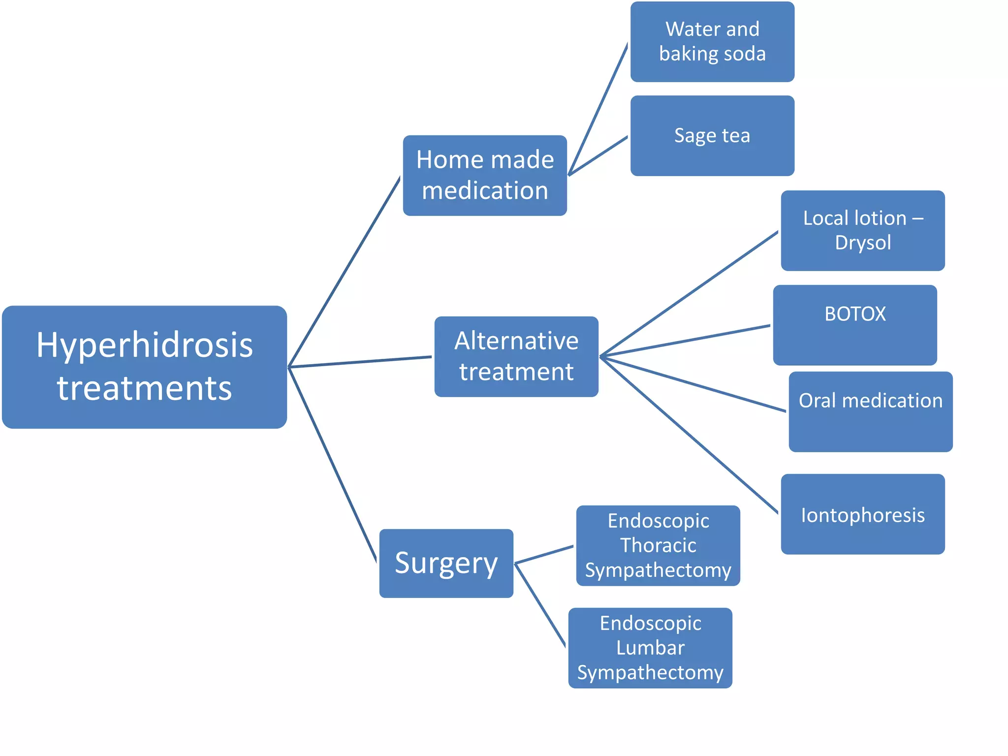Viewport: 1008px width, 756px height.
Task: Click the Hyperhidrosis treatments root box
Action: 144,367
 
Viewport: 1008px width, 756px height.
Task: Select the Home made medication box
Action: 485,175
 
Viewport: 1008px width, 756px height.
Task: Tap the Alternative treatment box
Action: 516,356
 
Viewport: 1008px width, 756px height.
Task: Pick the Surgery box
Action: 446,563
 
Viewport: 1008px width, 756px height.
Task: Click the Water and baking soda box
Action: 712,41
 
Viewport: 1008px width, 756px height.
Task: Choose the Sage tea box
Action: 712,135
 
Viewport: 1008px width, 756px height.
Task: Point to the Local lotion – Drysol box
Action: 862,230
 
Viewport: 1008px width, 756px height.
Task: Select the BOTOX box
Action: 855,325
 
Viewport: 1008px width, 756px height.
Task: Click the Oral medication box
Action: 870,411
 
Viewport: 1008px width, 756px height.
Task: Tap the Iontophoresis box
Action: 862,514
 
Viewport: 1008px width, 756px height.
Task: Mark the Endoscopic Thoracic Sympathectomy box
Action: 658,545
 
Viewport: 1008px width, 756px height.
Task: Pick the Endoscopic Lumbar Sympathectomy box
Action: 650,648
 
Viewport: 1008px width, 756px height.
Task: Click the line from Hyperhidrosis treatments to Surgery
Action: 333,464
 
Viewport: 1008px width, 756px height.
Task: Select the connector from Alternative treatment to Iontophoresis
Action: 689,435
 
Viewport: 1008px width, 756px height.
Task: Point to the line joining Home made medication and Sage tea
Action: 598,156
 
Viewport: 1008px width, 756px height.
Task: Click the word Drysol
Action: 863,243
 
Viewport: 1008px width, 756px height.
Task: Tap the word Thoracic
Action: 658,545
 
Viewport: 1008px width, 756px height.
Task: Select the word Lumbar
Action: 650,648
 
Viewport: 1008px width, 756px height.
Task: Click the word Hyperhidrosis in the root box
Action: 144,345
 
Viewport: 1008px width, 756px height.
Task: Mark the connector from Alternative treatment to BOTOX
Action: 685,341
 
